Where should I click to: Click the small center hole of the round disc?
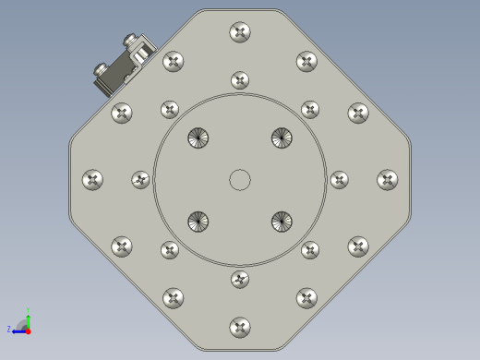tap(240, 180)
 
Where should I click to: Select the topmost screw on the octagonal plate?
tap(240, 32)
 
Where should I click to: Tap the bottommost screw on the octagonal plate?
tap(240, 327)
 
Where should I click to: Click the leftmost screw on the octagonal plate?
tap(92, 180)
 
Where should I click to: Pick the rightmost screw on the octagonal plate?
tap(388, 180)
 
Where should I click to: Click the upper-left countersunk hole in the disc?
tap(198, 138)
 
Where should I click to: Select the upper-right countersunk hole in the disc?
tap(282, 138)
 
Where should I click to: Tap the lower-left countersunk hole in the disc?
tap(198, 222)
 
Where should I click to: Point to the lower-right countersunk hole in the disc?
tap(282, 222)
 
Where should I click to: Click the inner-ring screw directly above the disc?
tap(240, 80)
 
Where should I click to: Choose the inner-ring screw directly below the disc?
tap(240, 279)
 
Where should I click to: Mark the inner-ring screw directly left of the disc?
tap(140, 180)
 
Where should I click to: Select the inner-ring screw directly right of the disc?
tap(340, 180)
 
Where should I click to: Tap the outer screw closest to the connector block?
tap(174, 62)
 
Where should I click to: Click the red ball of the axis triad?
tap(28, 330)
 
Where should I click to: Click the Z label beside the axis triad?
tap(9, 329)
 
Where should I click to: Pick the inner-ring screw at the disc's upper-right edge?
tap(310, 110)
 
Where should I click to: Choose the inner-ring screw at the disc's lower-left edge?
tap(170, 250)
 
